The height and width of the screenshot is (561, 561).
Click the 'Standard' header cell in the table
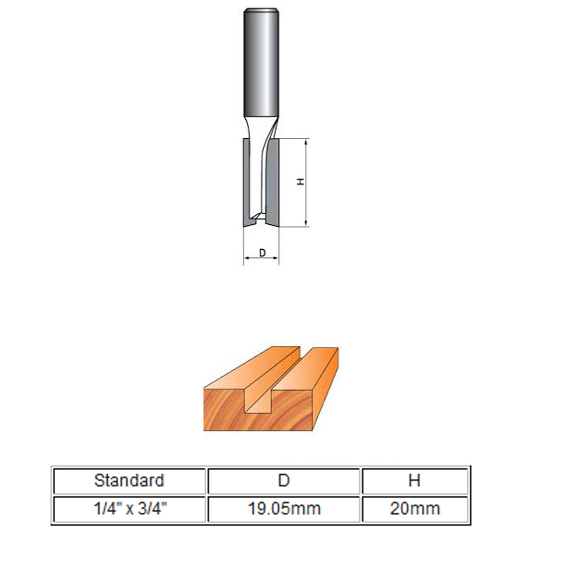pyautogui.click(x=129, y=480)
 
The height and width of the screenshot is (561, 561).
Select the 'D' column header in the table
pyautogui.click(x=284, y=480)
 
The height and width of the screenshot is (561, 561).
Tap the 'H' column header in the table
pyautogui.click(x=414, y=480)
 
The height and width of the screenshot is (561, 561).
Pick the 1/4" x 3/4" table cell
pyautogui.click(x=129, y=508)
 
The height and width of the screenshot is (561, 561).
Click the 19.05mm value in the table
pyautogui.click(x=284, y=508)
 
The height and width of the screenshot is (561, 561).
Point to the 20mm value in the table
pyautogui.click(x=414, y=508)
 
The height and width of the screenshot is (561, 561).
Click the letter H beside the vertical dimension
pyautogui.click(x=301, y=182)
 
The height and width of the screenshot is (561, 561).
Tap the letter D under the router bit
pyautogui.click(x=262, y=252)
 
